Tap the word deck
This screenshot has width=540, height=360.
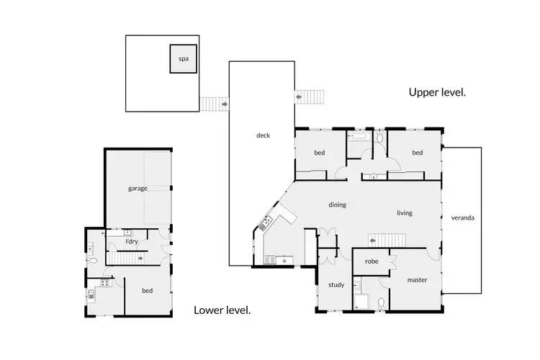[263, 135]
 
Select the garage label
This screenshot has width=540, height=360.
[138, 188]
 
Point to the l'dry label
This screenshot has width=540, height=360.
[132, 241]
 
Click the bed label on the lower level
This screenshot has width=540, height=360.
[147, 290]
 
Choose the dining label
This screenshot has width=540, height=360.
[337, 204]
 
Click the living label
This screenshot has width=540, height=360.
[404, 212]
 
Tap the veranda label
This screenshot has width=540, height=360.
[462, 217]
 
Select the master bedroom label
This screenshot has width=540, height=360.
[418, 279]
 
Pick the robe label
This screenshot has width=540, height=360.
[372, 261]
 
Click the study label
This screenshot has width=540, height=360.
[336, 284]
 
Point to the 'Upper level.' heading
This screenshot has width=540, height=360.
[437, 92]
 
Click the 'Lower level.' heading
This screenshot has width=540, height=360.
[222, 310]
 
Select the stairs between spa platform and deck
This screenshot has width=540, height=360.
[214, 104]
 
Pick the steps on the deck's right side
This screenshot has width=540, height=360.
[310, 96]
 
